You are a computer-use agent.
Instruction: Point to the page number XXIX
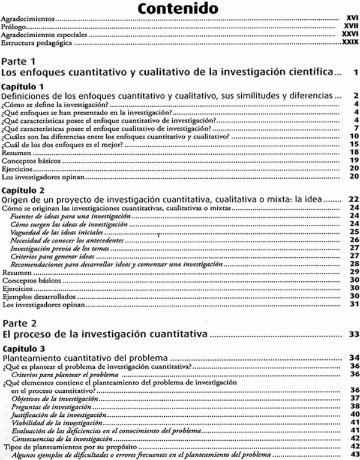click(x=348, y=43)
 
